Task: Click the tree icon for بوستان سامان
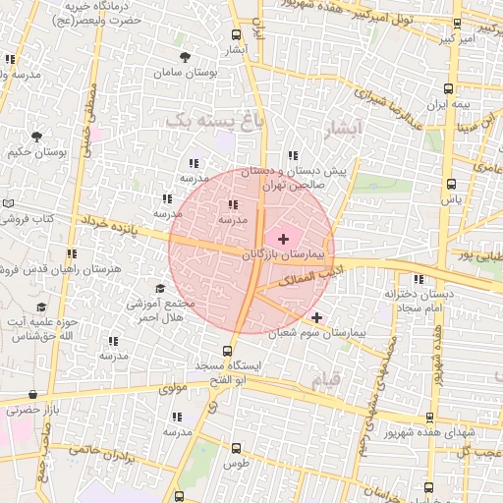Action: [x=186, y=59]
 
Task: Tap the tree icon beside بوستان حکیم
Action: [x=36, y=138]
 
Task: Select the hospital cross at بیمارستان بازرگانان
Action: [x=284, y=239]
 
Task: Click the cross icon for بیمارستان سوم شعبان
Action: [x=316, y=317]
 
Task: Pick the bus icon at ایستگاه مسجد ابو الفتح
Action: [x=228, y=350]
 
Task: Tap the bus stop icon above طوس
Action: [x=233, y=448]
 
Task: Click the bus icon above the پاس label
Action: [x=451, y=184]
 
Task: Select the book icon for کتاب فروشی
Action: [x=8, y=203]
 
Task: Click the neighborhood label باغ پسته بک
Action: [x=202, y=120]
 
